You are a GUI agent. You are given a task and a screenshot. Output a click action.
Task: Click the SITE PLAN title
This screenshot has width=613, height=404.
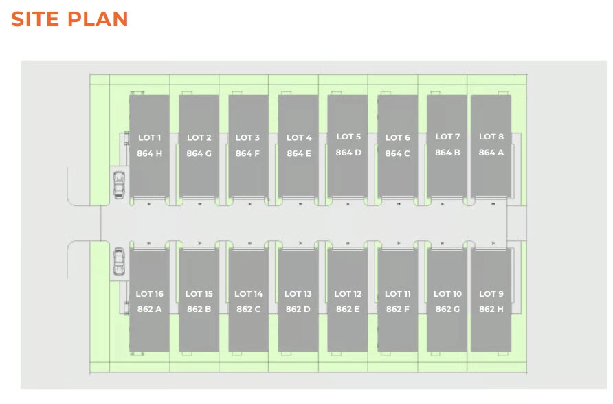coord(69,19)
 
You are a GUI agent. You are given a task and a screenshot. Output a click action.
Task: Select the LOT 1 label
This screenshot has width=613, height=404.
coord(149,138)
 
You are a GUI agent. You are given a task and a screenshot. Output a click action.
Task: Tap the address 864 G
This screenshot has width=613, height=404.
coord(199,153)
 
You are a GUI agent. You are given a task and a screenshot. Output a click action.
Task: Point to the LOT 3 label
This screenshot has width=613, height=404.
coord(247,138)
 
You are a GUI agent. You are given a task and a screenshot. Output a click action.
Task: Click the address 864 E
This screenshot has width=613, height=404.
coord(299,153)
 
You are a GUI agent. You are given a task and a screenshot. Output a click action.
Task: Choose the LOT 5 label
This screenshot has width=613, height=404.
coord(348,137)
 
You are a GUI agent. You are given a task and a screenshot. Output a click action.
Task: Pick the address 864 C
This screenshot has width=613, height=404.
coord(397,153)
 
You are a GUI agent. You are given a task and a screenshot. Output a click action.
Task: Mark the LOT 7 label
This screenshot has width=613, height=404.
coord(447,137)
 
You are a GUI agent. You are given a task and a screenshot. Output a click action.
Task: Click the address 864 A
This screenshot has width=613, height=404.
coord(491,153)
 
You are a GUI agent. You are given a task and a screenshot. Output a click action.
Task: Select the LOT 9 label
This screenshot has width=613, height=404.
coord(491,294)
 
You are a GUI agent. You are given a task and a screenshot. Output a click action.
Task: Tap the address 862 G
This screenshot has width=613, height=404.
coord(447,309)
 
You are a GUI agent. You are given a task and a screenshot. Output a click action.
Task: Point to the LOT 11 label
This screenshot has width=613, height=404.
coord(397,294)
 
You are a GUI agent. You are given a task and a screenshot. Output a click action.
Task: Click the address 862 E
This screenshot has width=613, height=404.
coord(348,309)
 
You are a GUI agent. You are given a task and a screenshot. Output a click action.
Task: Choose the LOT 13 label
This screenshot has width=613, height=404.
coord(298,294)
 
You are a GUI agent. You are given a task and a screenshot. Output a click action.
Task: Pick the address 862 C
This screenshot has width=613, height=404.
coord(248,309)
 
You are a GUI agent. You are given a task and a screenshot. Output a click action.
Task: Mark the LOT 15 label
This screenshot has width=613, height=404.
coord(199,294)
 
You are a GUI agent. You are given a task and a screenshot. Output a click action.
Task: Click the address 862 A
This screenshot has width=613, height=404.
coord(149,309)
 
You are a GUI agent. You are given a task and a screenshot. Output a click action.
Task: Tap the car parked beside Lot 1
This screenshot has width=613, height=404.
coord(119,184)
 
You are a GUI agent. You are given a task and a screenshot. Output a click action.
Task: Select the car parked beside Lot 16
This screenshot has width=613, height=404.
coord(119,261)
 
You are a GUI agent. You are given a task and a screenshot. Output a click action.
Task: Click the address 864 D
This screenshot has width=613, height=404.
coord(348,153)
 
